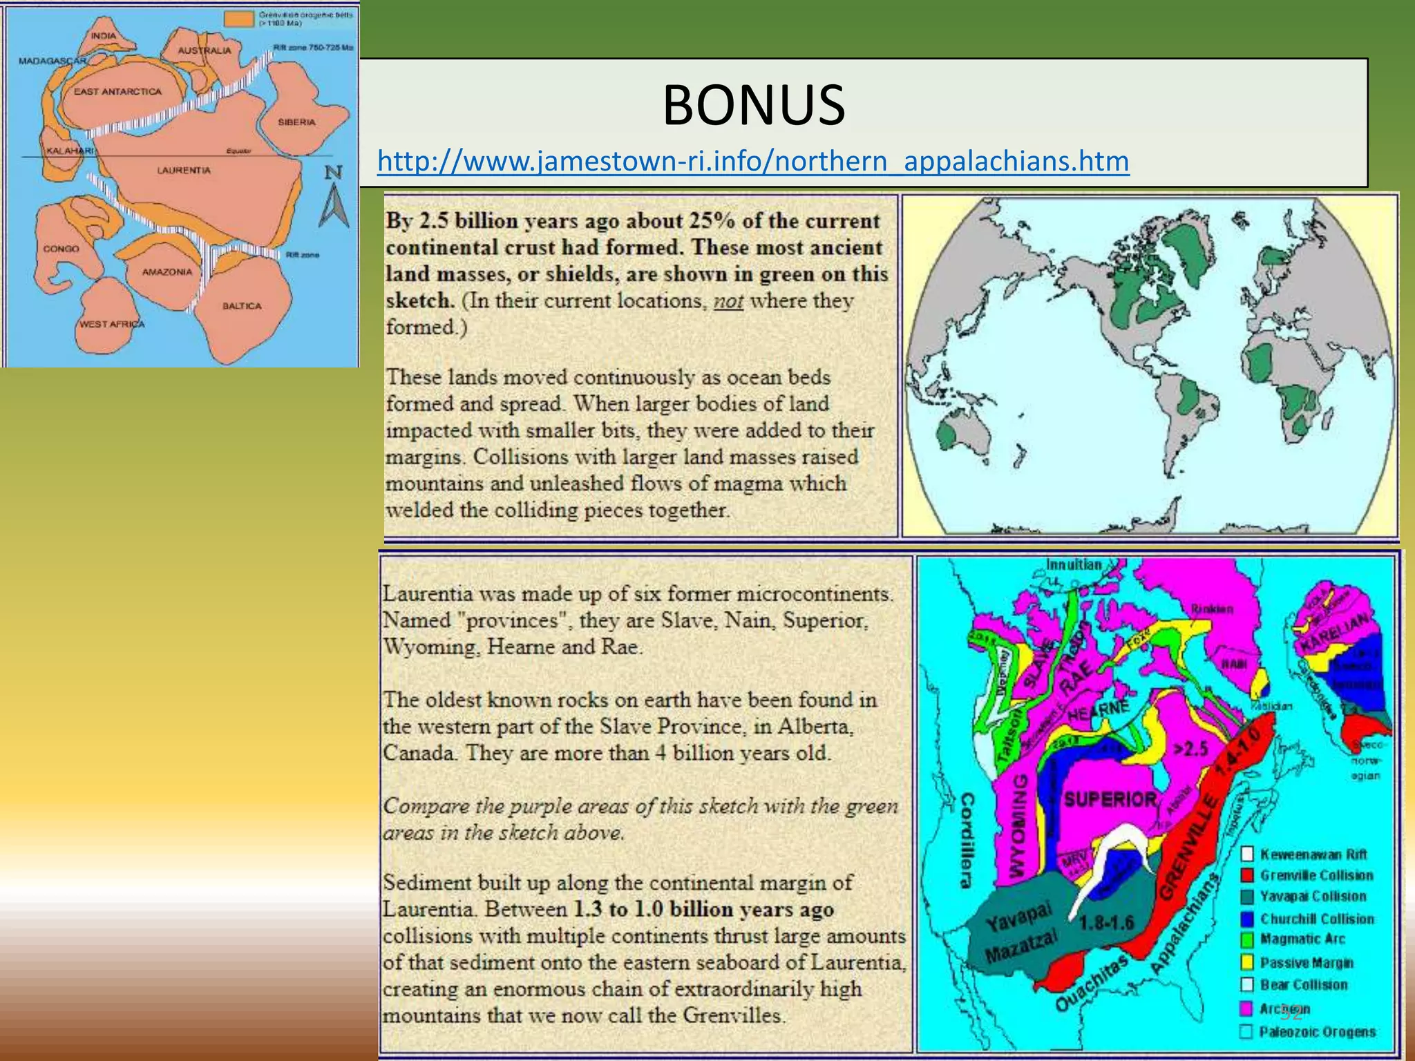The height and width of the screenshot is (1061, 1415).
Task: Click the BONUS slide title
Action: [754, 105]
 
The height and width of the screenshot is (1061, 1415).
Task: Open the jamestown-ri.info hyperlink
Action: [753, 161]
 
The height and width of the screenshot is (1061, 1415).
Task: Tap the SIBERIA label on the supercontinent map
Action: [296, 122]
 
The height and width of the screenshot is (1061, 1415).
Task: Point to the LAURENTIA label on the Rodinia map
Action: [183, 170]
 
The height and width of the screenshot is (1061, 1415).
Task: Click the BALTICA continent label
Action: [242, 306]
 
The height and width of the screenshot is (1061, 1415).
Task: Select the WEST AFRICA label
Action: [111, 324]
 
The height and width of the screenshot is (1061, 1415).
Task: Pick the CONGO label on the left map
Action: [61, 249]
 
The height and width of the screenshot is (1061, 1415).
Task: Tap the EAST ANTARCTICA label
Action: [117, 91]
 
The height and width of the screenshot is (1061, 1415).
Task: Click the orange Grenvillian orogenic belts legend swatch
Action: [238, 18]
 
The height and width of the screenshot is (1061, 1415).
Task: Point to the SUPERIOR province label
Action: [1110, 800]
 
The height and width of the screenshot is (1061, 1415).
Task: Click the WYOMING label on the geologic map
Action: [1018, 825]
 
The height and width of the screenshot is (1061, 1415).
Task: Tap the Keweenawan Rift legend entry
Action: [1313, 854]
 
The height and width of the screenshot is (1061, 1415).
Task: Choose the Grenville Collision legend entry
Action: [1316, 875]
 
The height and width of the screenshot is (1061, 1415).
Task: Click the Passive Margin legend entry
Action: [1306, 962]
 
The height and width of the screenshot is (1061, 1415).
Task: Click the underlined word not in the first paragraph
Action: [728, 301]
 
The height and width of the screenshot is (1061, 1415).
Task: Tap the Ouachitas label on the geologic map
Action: [1091, 983]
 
